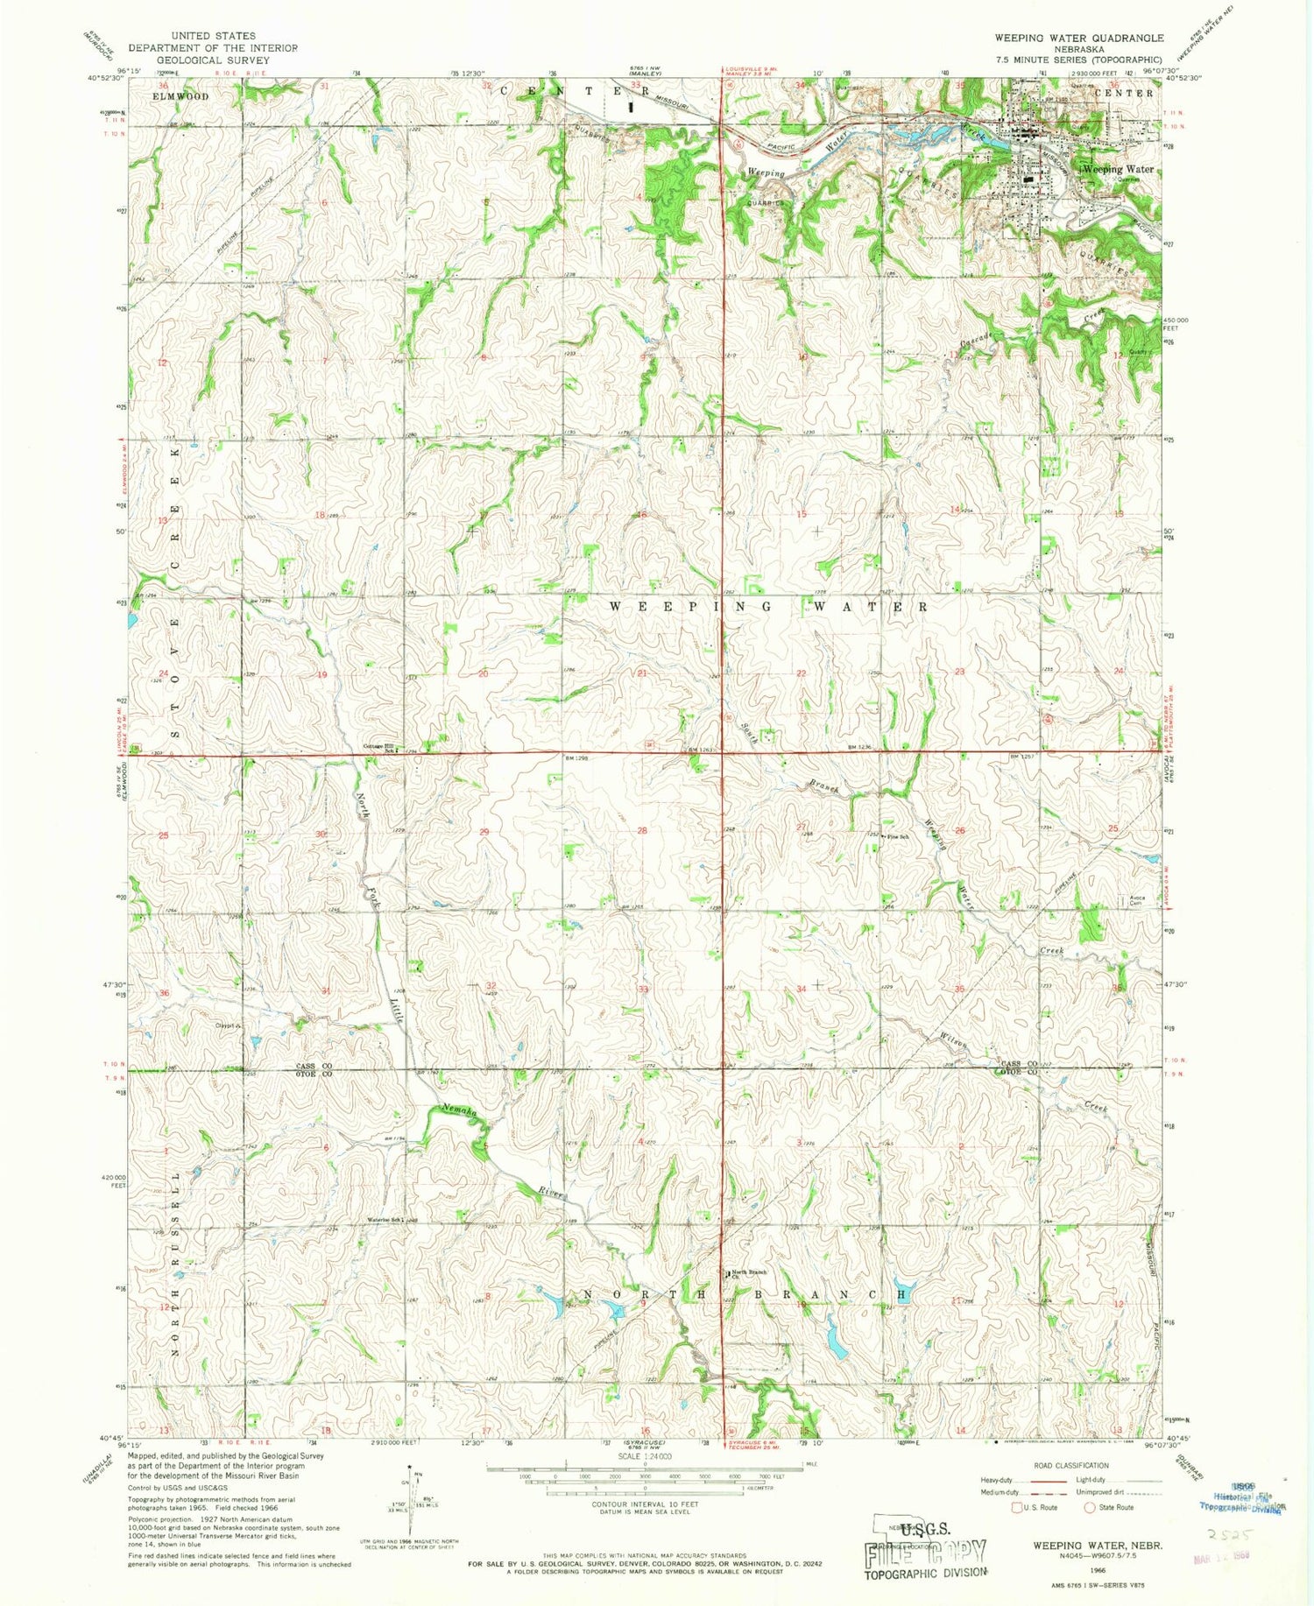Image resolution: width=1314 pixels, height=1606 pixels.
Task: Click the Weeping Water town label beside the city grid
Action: (x=1118, y=169)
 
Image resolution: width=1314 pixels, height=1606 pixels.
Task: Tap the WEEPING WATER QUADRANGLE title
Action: (x=1078, y=38)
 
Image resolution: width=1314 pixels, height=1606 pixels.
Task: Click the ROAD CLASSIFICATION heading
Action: (x=1071, y=1465)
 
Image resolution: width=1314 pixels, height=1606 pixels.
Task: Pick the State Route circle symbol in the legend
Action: (x=1091, y=1507)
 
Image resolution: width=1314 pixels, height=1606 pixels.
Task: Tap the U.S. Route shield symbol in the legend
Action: (x=1017, y=1507)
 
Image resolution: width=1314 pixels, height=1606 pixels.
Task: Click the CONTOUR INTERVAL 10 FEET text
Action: (x=644, y=1504)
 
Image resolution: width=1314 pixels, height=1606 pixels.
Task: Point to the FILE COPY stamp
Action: (x=926, y=1552)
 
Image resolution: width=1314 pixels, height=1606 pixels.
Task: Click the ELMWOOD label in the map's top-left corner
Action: (x=180, y=95)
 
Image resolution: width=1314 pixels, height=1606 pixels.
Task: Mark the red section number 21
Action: (x=642, y=673)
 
